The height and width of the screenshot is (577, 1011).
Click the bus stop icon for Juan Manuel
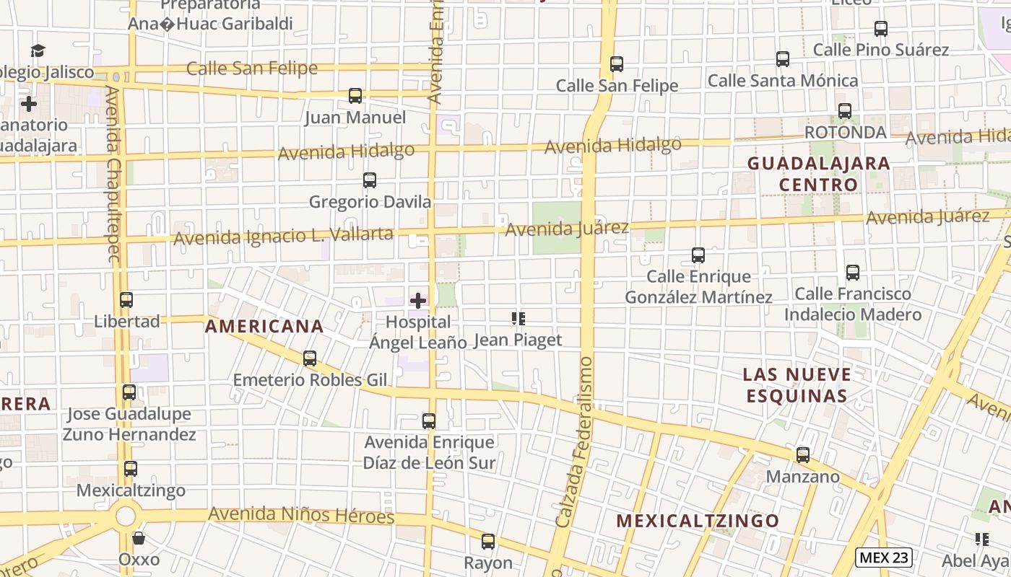coord(355,96)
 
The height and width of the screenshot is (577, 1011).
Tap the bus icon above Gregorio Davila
coord(370,180)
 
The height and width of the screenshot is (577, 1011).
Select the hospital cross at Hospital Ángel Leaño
coord(418,300)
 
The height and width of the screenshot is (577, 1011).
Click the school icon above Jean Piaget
coord(518,318)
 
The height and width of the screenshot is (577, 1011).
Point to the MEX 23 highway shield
coord(884,557)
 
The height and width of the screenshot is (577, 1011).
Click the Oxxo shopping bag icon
coord(139,538)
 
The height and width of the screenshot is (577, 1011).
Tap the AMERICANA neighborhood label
coord(264,326)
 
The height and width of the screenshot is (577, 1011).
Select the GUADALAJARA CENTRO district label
coord(818,174)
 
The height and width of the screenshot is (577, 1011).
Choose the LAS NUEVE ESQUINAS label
coord(797,385)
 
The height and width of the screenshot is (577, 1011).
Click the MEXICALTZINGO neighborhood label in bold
coord(698,521)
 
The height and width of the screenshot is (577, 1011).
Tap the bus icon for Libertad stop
coord(126,300)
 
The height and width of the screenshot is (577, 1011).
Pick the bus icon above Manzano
coord(803,455)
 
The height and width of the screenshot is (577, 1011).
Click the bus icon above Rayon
coord(488,542)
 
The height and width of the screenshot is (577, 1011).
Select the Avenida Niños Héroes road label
coord(301,515)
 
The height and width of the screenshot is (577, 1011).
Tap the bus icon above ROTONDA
coord(844,111)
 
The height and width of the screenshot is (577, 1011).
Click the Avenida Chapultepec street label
coord(113,173)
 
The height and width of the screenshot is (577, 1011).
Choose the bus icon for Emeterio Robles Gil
coord(310,358)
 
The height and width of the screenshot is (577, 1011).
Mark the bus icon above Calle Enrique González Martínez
coord(698,255)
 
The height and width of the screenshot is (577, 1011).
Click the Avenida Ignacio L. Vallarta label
coord(283,235)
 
